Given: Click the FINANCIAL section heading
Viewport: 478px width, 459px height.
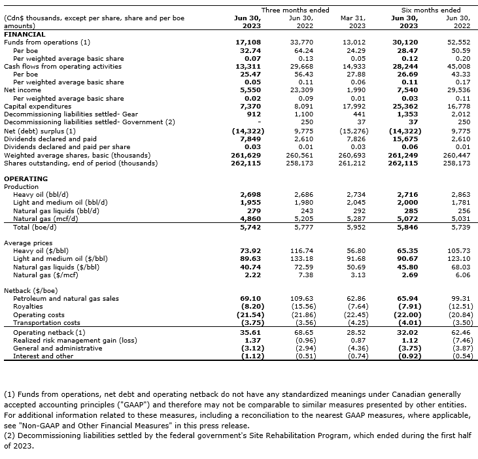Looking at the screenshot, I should click(25, 34).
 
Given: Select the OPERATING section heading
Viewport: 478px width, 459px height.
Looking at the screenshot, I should click(26, 178).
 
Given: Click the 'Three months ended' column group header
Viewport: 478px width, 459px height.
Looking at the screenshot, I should click(295, 10).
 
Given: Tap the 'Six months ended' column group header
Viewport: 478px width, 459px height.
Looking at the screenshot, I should click(431, 10).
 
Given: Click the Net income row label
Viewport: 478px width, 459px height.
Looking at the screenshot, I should click(18, 90).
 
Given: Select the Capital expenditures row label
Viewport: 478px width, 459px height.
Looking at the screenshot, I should click(38, 105).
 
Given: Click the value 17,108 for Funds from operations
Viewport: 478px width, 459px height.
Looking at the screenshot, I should click(248, 42).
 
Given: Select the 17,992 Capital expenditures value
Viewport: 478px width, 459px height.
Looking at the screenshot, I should click(353, 105).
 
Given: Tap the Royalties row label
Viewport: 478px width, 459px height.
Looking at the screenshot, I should click(28, 306).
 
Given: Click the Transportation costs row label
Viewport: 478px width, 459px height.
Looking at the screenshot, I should click(46, 322).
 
